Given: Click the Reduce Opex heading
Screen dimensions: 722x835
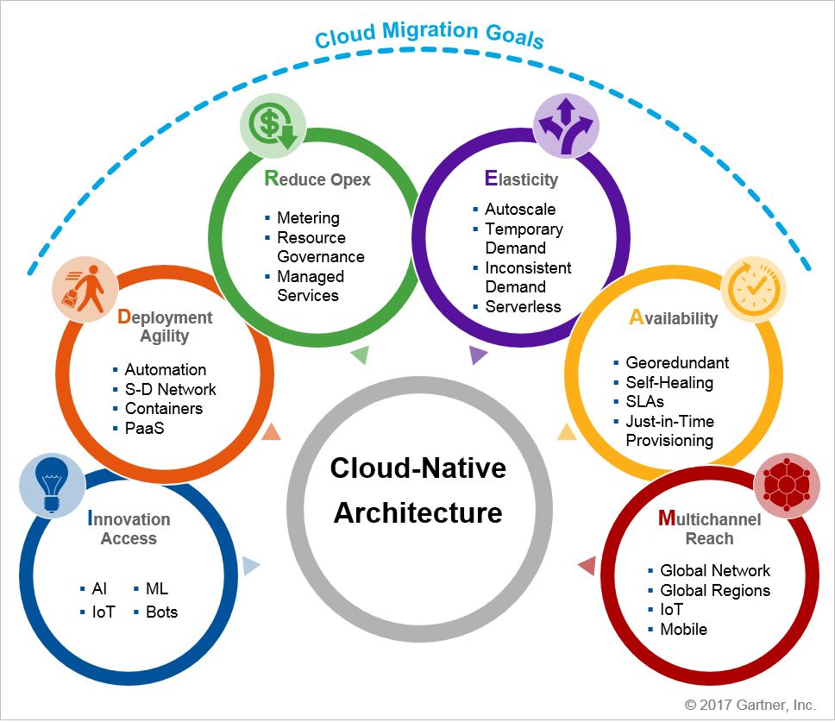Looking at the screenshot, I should (317, 179).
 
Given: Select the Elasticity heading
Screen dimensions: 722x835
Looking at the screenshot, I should (521, 179).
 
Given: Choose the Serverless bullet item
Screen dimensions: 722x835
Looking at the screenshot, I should (523, 306).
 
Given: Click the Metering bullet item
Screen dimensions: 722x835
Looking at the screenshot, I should (308, 218).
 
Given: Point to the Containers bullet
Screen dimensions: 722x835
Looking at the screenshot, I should (164, 408).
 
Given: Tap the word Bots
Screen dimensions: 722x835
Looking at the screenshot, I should (162, 612).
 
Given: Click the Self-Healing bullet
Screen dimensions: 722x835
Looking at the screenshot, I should (669, 382).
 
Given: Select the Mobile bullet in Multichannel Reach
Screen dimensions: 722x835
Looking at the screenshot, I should (683, 629).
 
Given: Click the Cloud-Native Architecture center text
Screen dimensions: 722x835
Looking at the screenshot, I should (418, 491).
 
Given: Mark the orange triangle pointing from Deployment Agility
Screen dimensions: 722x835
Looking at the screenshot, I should (271, 432).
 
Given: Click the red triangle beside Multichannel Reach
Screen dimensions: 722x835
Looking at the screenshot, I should (587, 566).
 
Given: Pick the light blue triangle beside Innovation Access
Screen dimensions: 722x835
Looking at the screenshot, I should (250, 566).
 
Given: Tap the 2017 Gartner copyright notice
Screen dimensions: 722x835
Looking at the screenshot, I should (750, 705).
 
